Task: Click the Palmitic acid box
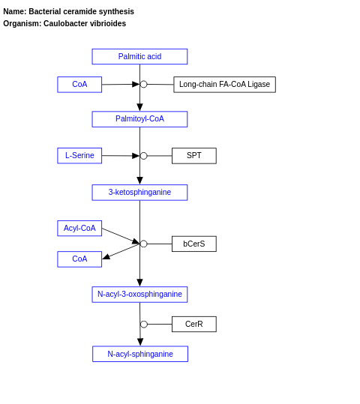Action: pos(139,57)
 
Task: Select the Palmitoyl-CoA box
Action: pos(139,119)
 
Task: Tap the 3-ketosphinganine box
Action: pos(139,193)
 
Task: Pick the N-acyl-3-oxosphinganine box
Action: pos(139,295)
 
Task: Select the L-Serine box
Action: pos(79,156)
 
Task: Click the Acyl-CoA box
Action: pos(79,229)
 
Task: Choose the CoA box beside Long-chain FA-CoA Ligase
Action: pos(79,85)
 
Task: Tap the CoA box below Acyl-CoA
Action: pos(79,259)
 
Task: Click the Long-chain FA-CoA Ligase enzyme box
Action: pos(224,85)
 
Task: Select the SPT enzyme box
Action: pos(194,156)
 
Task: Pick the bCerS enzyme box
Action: pos(194,244)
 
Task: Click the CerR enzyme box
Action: pos(194,325)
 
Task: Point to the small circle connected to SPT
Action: pos(144,156)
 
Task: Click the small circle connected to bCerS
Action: pos(144,244)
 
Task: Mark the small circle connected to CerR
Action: pos(144,325)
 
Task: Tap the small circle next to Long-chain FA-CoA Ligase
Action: pos(144,85)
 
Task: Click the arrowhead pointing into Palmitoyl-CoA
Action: pos(139,107)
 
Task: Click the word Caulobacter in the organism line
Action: pos(64,24)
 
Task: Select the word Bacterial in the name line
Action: pos(46,12)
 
